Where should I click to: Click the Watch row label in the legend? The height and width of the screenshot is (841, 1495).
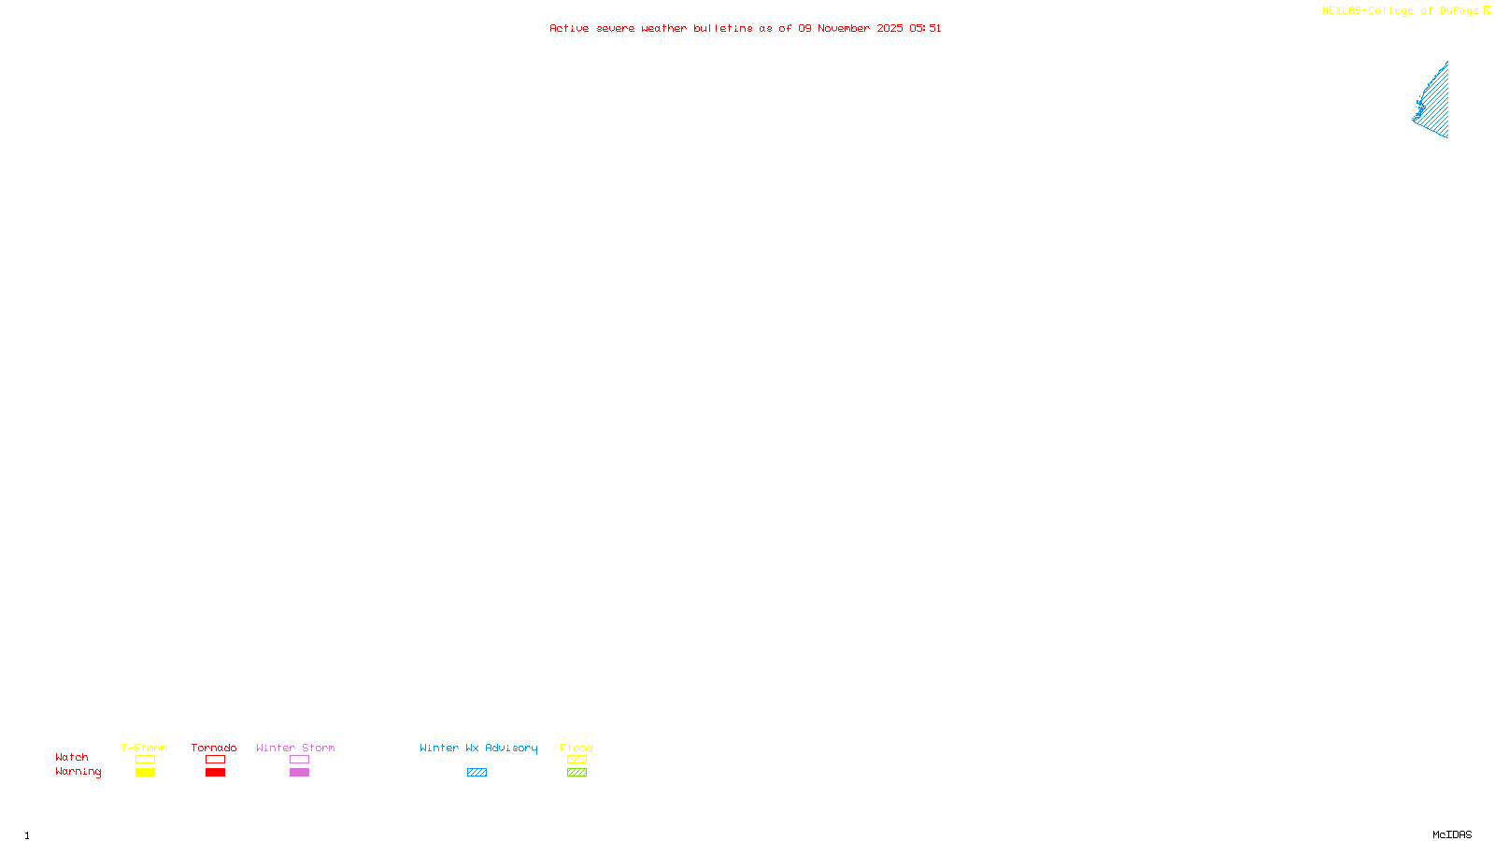[72, 757]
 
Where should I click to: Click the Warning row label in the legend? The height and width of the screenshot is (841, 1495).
[78, 772]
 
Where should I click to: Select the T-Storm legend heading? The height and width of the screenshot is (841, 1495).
[144, 748]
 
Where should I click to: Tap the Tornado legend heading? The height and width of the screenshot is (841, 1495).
[214, 748]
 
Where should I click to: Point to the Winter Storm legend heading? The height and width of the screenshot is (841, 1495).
[295, 748]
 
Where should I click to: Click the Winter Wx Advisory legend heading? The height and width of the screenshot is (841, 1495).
[478, 748]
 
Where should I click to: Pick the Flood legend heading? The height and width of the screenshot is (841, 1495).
[577, 748]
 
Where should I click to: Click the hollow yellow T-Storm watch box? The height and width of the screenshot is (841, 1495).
[145, 760]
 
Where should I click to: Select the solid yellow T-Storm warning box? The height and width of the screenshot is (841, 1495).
[145, 773]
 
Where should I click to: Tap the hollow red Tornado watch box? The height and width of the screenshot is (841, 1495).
[215, 760]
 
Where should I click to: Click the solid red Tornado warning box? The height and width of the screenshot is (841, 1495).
[215, 773]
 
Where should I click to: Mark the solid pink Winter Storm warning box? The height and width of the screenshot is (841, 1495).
[299, 773]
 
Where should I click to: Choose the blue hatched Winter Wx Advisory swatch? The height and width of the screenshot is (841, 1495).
[477, 773]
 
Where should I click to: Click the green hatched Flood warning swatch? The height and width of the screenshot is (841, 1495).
[577, 773]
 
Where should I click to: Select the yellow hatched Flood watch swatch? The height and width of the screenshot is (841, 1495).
[577, 760]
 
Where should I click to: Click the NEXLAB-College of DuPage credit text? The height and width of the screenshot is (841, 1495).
[1401, 11]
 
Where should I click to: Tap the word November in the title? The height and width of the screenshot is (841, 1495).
[844, 29]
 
